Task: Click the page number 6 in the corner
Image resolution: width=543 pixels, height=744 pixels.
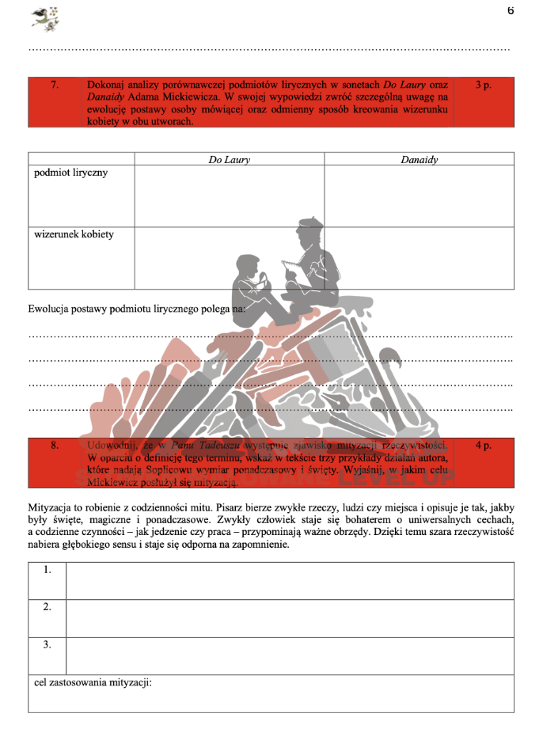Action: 511,11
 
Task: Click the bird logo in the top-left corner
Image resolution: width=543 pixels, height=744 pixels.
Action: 45,18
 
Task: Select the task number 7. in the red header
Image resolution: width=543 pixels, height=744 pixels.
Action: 54,84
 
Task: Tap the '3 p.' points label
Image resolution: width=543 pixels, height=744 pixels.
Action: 484,84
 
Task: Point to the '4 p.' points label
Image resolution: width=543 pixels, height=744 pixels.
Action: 484,446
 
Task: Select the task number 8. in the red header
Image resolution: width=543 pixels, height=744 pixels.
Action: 54,446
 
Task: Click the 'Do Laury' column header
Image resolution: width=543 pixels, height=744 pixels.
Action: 229,160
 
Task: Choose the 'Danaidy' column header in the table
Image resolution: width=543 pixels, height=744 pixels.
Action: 419,160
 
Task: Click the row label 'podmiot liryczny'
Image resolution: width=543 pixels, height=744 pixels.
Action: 71,173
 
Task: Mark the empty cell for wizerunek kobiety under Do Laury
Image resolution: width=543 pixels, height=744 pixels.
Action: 229,257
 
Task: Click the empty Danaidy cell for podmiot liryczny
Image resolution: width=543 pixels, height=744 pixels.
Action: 419,195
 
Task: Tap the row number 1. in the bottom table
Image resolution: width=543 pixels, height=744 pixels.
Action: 47,570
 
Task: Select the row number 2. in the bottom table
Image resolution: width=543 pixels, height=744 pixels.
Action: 47,607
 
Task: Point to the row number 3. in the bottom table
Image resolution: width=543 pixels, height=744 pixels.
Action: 47,645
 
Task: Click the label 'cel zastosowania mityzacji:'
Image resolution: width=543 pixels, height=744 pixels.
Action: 93,682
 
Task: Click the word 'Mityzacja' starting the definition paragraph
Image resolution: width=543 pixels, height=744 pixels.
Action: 51,505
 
